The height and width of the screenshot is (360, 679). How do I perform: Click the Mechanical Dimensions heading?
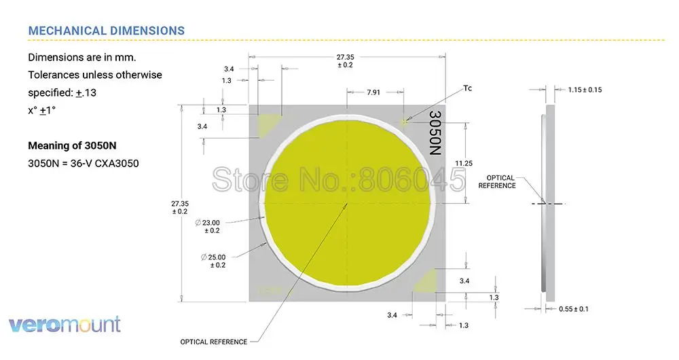[x=106, y=31]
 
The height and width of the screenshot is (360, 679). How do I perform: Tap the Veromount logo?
[x=65, y=325]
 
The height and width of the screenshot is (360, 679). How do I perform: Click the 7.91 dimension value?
[x=373, y=92]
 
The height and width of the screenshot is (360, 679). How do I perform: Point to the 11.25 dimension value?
[x=464, y=163]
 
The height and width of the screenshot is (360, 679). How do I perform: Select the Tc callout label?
[x=468, y=89]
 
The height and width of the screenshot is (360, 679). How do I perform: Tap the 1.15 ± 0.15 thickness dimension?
[x=585, y=90]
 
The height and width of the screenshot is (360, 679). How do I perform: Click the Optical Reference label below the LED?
[x=213, y=342]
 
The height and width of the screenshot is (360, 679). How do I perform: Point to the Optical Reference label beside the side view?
[x=497, y=181]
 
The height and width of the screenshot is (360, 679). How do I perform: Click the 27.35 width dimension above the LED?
[x=344, y=60]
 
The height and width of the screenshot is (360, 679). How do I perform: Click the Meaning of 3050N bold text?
[x=71, y=146]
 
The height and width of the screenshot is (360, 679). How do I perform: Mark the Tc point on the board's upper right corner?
[x=405, y=122]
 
